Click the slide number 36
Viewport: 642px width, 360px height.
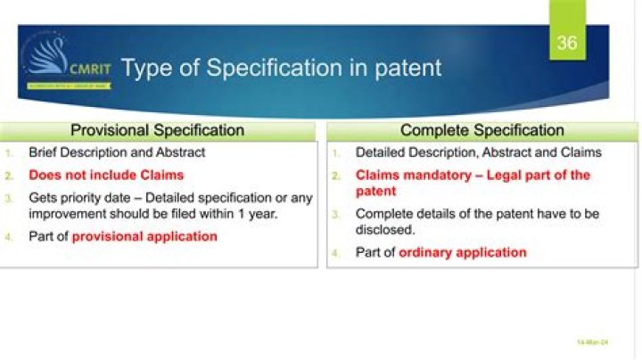pos(567,43)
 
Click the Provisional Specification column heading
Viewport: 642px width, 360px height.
pos(157,130)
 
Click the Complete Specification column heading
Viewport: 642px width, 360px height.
pos(481,130)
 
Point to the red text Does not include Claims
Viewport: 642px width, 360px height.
pos(106,175)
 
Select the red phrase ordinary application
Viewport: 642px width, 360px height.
pos(462,252)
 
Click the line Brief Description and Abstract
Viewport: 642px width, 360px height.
pos(117,152)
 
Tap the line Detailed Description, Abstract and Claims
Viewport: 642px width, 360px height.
pos(478,152)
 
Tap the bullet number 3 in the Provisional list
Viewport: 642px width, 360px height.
pos(10,198)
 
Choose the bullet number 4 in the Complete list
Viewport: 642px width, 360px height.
pos(336,253)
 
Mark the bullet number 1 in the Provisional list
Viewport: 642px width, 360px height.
pos(10,153)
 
